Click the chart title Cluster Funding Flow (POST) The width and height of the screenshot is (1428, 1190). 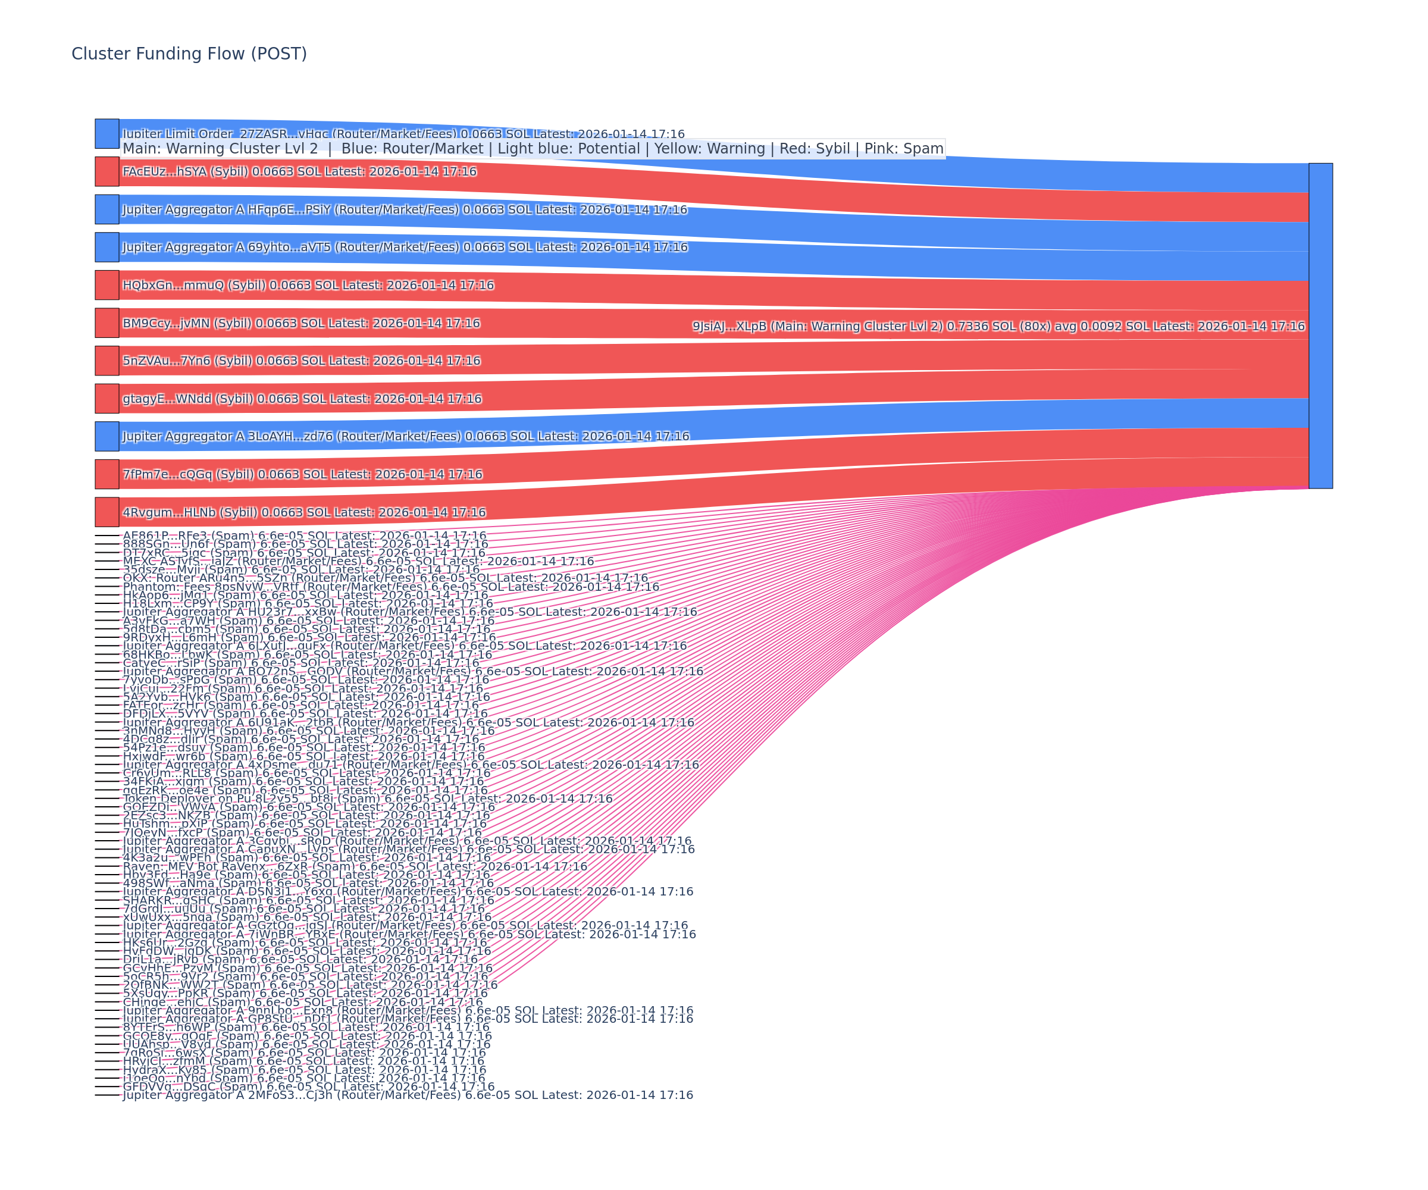coord(189,54)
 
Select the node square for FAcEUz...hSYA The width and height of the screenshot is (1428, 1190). coord(107,171)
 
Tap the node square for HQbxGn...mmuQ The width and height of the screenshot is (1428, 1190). coord(107,285)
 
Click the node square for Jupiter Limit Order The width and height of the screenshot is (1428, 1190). coord(107,133)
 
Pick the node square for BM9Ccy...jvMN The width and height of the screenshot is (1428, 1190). coord(107,323)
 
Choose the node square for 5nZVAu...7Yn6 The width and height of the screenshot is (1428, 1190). coord(107,361)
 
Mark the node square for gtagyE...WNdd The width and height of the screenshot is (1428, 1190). coord(107,399)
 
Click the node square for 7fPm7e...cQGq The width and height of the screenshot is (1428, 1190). coord(107,474)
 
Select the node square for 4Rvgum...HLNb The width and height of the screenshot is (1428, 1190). coord(107,512)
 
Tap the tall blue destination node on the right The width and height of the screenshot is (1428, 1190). coord(1320,325)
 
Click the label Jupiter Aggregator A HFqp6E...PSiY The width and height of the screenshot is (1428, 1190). coord(405,209)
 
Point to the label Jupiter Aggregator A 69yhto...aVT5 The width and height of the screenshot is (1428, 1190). coord(405,247)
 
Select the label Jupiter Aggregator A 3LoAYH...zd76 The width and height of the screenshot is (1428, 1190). coord(406,436)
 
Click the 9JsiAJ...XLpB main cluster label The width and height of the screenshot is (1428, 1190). coord(998,327)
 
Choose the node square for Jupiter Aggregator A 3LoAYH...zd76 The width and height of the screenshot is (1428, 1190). coord(107,436)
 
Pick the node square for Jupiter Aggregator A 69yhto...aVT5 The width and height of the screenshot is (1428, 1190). coord(107,247)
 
